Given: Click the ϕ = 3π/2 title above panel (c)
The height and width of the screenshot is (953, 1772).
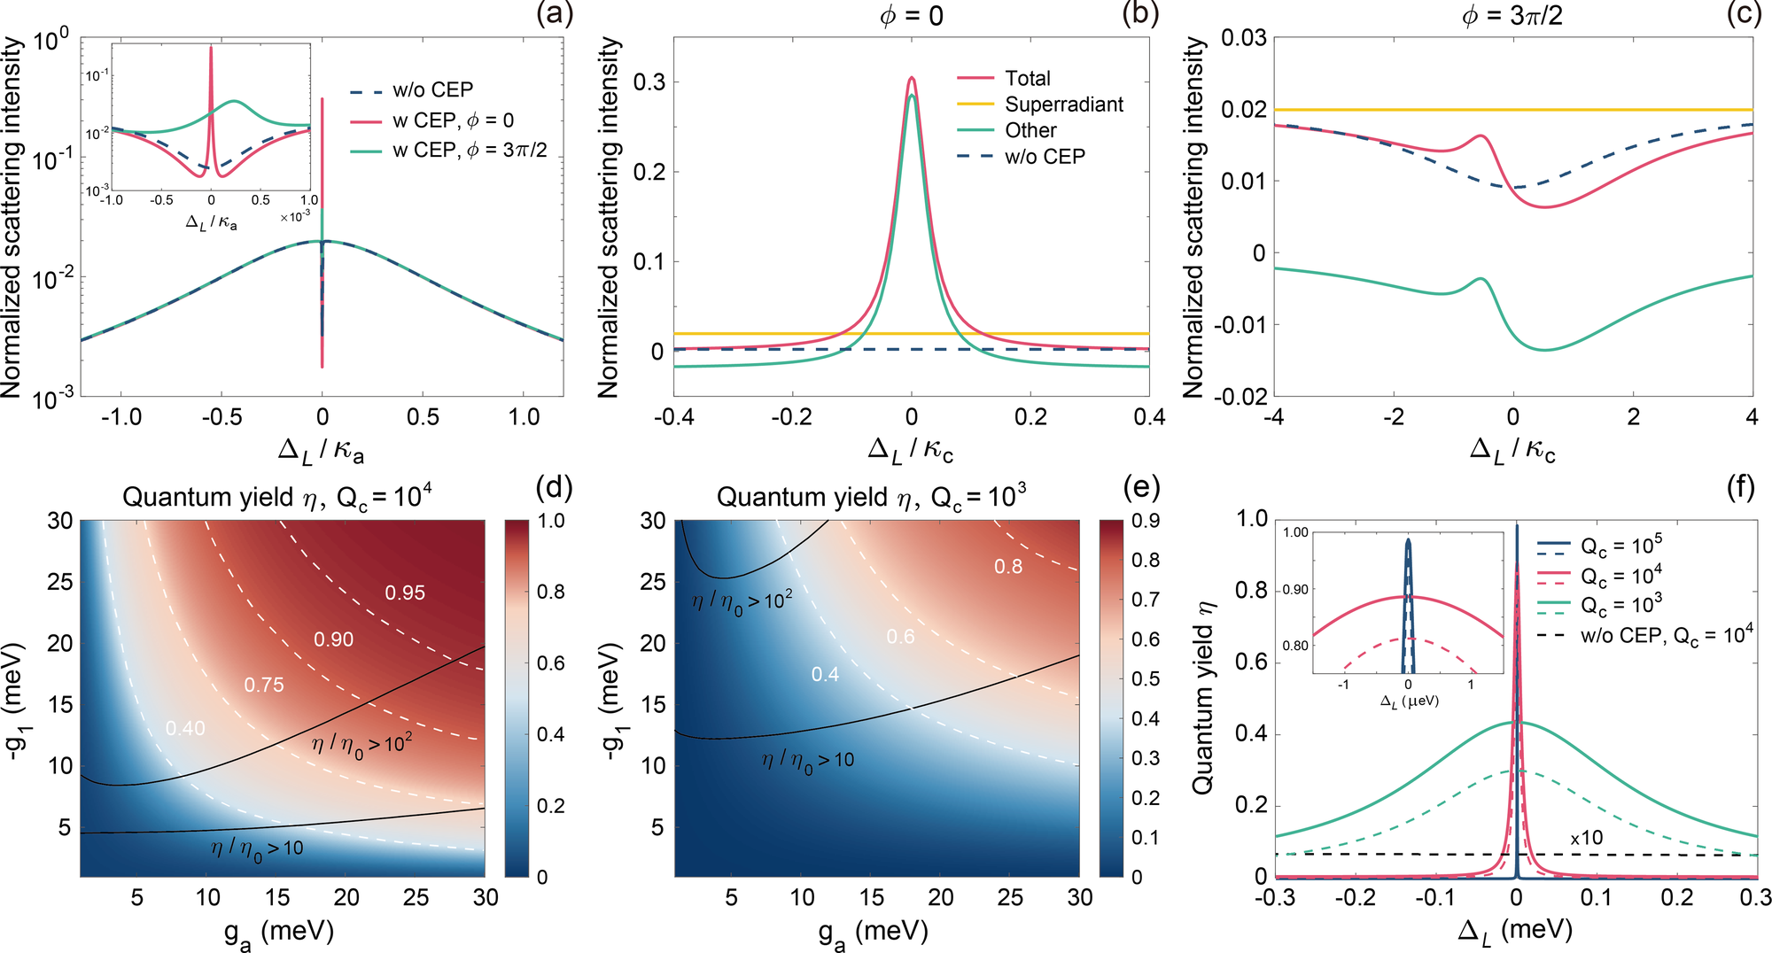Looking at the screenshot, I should tap(1512, 15).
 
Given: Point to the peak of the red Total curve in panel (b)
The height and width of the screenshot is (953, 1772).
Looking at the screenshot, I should tap(912, 78).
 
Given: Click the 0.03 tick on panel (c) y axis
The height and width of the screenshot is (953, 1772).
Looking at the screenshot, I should tap(1243, 38).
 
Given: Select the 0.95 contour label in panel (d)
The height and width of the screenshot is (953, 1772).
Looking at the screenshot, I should tap(405, 593).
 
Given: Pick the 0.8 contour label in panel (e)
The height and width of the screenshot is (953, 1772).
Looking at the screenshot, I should tap(1007, 567).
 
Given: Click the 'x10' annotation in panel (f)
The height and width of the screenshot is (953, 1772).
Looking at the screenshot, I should tap(1586, 838).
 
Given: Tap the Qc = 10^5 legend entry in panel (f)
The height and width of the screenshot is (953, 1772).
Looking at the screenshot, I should tap(1621, 545).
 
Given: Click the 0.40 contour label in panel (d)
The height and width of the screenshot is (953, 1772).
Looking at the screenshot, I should tap(185, 728).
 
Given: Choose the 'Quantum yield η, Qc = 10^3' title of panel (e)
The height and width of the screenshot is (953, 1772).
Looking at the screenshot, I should tap(871, 497).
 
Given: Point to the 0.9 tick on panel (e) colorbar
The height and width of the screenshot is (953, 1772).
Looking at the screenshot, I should tap(1146, 521).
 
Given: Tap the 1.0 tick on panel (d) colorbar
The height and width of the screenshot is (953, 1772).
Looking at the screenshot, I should tap(551, 521).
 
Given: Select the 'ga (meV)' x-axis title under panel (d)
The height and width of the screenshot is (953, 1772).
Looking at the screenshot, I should tap(278, 932).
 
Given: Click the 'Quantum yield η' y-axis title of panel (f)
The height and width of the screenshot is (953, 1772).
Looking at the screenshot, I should tap(1202, 697).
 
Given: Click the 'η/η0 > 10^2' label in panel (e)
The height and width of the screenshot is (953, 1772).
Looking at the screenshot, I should tap(742, 602).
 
